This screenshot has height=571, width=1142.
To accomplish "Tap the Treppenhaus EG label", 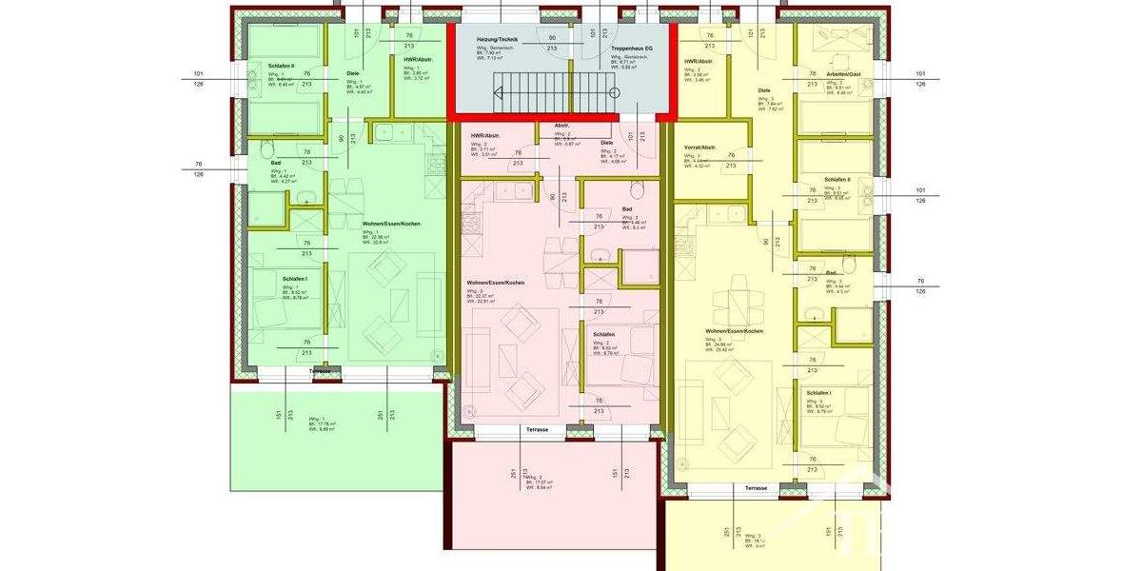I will tap(632, 46).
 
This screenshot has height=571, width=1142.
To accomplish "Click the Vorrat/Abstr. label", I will tap(700, 148).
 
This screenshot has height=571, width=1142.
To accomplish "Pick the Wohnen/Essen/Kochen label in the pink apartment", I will tap(495, 284).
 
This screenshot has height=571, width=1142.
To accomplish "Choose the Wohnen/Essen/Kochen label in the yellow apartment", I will tap(734, 332).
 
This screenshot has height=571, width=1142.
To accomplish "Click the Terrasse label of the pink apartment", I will tap(538, 431).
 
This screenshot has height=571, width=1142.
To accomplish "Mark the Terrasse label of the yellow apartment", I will tap(756, 487).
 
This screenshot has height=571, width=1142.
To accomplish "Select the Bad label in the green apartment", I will tap(276, 163).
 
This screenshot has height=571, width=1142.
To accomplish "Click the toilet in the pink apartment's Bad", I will tap(599, 255).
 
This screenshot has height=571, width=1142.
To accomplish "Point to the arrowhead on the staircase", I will tap(498, 92).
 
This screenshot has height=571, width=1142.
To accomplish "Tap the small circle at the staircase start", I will tap(614, 93).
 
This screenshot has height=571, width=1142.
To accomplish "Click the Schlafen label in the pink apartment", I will tap(603, 335).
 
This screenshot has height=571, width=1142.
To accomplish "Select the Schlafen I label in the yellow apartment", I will tap(818, 393).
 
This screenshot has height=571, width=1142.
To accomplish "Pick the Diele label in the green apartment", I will tap(352, 73).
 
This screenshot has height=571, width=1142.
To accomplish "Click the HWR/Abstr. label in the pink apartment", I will tap(485, 136).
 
